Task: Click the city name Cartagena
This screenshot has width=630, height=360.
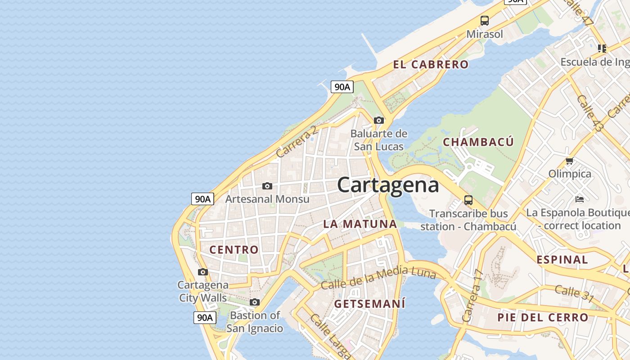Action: [387, 185]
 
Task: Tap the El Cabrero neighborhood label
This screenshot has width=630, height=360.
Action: [431, 64]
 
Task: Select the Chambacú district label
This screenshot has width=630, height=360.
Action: [478, 142]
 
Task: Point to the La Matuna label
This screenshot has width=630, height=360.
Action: [360, 224]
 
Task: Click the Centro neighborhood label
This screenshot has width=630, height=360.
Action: [234, 250]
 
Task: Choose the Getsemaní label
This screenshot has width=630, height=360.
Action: [369, 304]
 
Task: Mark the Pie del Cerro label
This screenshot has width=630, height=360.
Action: [543, 317]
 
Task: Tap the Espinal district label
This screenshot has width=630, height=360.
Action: [562, 260]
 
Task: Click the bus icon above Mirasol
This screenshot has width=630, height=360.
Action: [484, 21]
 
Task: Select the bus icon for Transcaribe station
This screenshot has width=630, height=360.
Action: [468, 200]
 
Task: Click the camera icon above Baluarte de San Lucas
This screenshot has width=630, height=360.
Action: [379, 120]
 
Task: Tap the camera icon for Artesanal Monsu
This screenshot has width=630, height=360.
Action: [267, 186]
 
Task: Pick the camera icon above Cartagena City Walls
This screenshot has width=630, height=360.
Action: [203, 272]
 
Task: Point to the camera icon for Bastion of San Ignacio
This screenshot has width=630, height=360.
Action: [255, 302]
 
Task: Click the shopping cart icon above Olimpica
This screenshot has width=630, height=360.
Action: [569, 161]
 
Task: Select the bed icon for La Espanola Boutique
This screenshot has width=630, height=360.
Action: [580, 199]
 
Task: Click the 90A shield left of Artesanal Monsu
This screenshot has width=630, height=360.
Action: [202, 199]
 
